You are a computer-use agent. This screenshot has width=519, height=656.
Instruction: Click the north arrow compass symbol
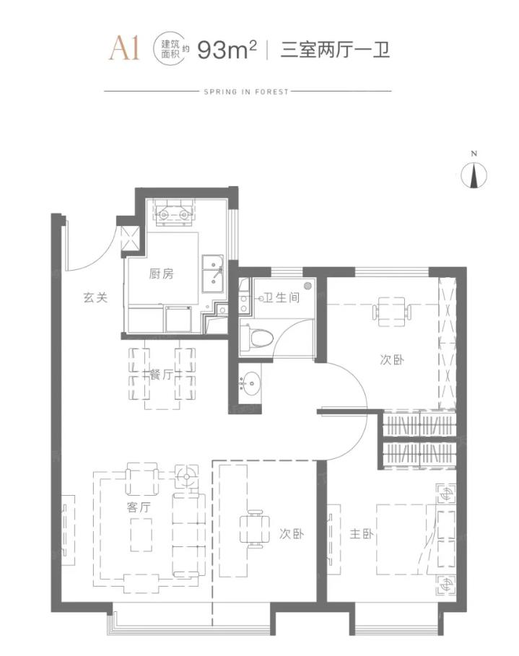(x=474, y=175)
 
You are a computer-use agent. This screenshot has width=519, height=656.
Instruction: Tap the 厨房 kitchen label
(x=161, y=274)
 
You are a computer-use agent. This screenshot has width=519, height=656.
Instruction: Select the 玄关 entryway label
(x=95, y=298)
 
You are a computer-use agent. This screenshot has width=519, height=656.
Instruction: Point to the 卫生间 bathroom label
(x=282, y=297)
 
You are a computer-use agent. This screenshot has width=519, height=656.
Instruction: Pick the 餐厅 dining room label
(x=161, y=375)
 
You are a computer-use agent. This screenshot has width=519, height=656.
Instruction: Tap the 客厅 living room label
(x=139, y=507)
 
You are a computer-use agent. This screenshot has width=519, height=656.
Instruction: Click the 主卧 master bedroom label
(x=362, y=534)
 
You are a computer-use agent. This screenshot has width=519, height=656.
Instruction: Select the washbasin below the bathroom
(x=250, y=382)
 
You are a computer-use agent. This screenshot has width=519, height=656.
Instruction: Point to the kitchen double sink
(x=213, y=274)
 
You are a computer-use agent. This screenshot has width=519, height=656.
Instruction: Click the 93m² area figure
(x=227, y=50)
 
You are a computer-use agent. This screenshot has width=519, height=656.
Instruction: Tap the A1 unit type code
(x=124, y=48)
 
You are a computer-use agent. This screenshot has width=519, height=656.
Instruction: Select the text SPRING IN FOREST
(x=247, y=92)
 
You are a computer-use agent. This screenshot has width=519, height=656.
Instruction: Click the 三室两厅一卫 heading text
(x=335, y=50)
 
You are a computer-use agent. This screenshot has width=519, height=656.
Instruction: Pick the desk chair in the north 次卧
(x=392, y=312)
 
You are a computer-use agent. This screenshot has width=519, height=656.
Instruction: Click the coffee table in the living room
(x=141, y=535)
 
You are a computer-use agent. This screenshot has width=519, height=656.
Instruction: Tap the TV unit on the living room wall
(x=69, y=530)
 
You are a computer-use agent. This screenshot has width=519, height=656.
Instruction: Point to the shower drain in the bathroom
(x=309, y=287)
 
